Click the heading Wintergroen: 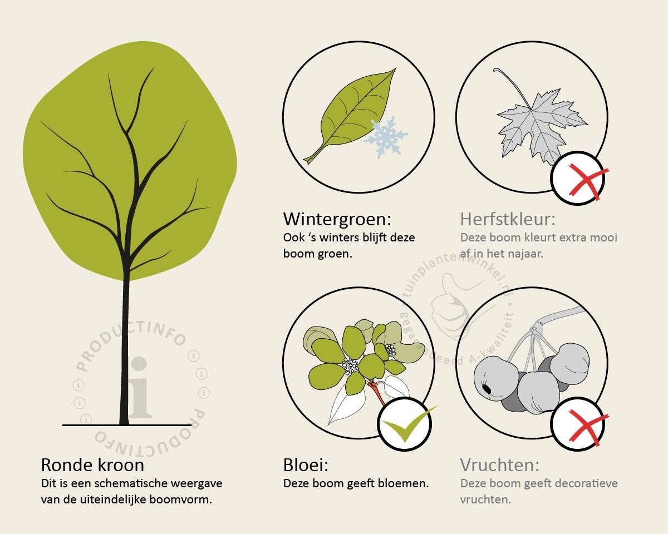337,219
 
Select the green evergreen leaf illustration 350,116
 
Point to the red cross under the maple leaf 588,181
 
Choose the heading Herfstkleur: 508,219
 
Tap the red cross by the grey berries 588,427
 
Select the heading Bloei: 306,465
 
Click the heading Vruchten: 499,465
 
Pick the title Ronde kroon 92,465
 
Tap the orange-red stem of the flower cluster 377,393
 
